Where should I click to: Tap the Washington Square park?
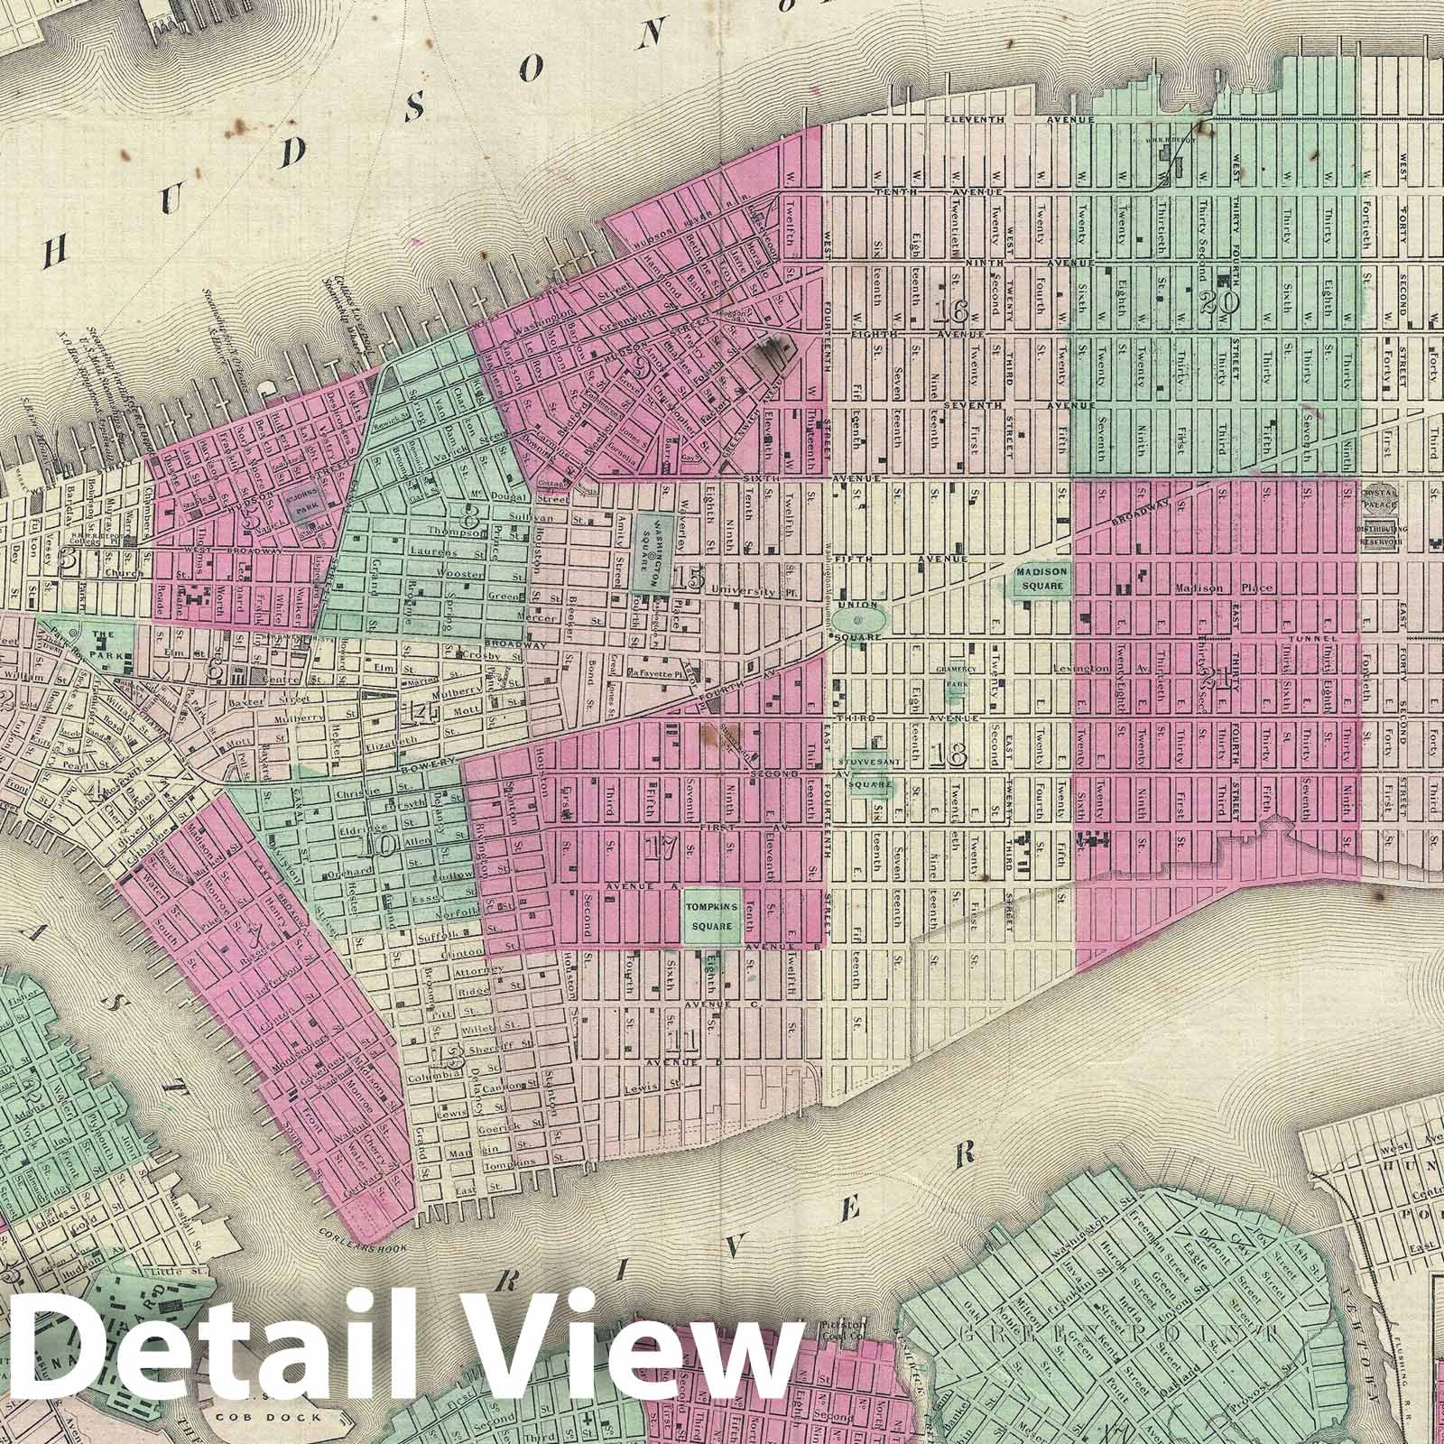pos(651,551)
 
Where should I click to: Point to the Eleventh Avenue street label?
pos(1017,119)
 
